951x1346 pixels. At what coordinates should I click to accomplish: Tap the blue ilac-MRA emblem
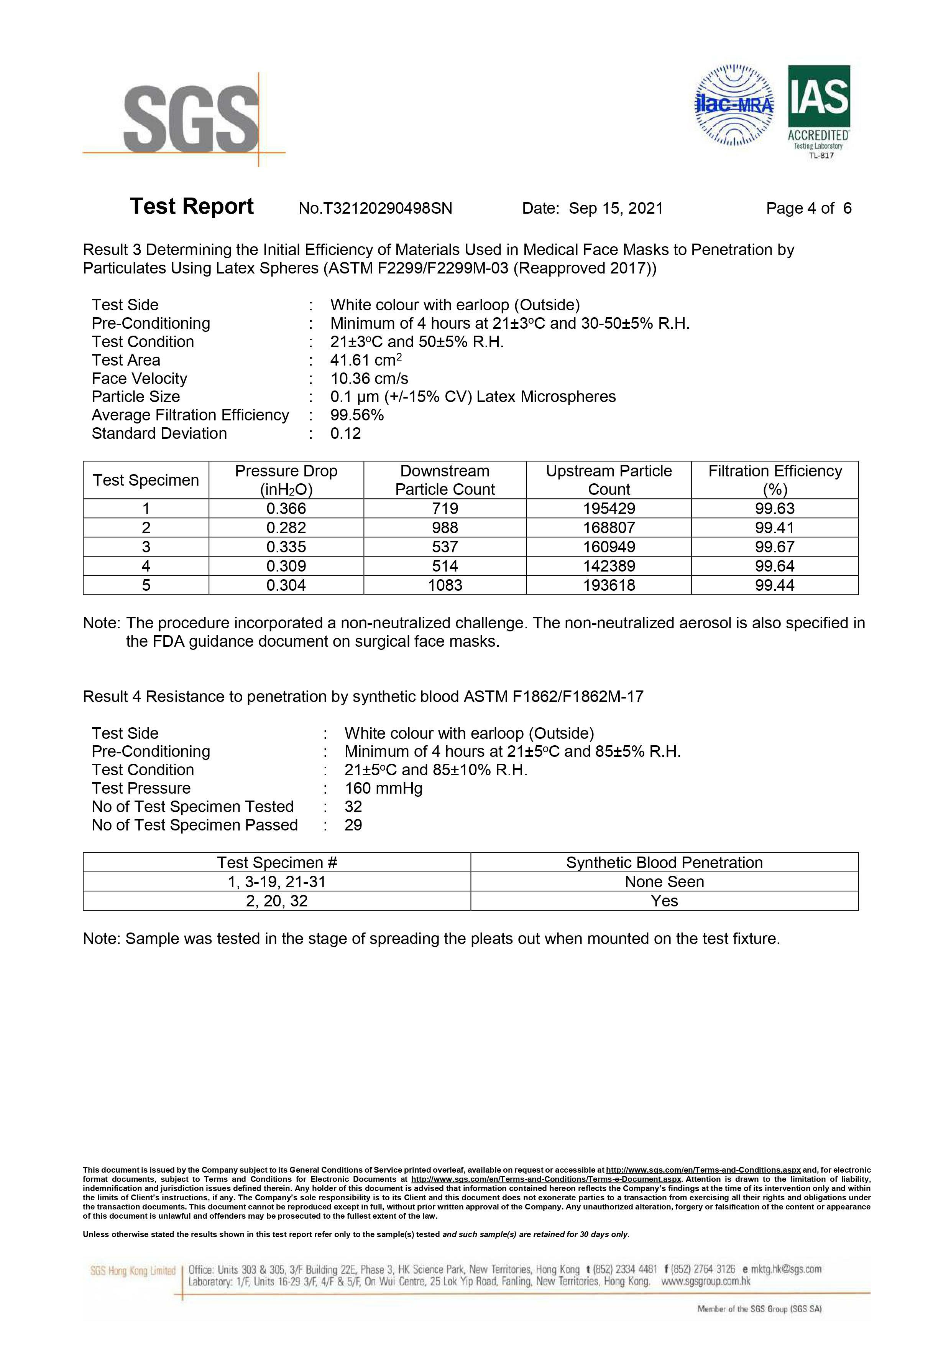coord(734,105)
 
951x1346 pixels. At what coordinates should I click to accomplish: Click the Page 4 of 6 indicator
coord(809,209)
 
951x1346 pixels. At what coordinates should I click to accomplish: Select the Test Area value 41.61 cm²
coord(366,360)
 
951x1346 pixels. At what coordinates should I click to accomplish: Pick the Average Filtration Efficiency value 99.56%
coord(357,415)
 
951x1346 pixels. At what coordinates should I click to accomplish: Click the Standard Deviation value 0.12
coord(346,434)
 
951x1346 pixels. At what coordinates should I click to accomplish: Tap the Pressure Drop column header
coord(286,480)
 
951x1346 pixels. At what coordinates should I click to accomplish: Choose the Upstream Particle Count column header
coord(609,480)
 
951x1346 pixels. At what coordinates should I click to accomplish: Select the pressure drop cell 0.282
coord(286,527)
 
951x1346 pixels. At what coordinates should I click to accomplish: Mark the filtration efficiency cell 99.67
coord(775,547)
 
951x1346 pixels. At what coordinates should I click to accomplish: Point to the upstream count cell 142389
coord(609,566)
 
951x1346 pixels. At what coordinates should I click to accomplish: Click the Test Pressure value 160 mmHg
coord(383,789)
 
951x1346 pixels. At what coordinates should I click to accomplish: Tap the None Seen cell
coord(664,882)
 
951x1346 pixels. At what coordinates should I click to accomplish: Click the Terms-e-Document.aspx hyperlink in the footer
coord(546,1179)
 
